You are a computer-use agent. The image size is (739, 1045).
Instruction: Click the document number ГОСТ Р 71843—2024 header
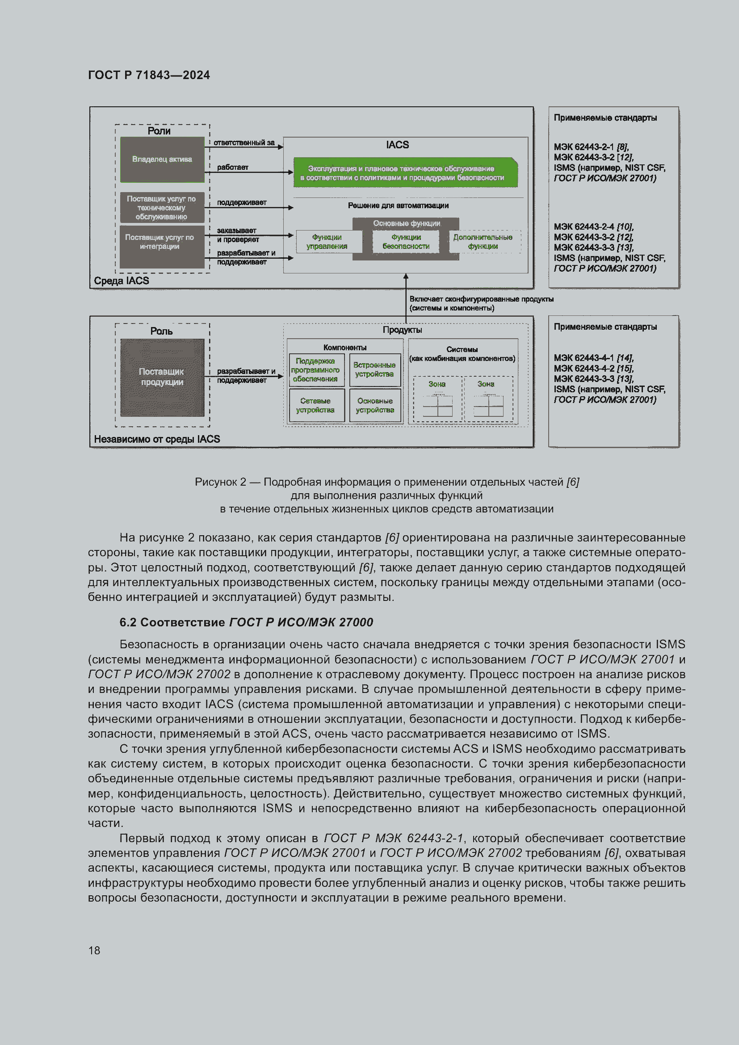click(149, 75)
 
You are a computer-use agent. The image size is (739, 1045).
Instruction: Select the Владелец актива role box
click(162, 159)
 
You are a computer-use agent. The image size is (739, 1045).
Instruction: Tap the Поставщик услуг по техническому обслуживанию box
click(162, 208)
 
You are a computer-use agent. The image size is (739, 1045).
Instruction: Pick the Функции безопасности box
click(405, 242)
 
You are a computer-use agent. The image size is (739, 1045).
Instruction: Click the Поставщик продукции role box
click(162, 377)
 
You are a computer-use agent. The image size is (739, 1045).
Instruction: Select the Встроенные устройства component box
click(374, 369)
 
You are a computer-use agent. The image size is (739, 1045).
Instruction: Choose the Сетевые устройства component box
click(316, 405)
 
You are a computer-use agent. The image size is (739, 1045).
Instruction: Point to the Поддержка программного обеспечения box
click(316, 369)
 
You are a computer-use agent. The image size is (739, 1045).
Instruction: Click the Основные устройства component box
click(374, 405)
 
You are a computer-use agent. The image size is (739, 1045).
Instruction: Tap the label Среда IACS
click(122, 281)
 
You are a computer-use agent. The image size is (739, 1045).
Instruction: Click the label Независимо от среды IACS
click(156, 439)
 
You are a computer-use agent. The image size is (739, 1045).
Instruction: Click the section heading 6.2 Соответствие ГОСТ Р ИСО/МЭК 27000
click(246, 622)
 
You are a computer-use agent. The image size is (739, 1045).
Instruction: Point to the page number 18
click(94, 950)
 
